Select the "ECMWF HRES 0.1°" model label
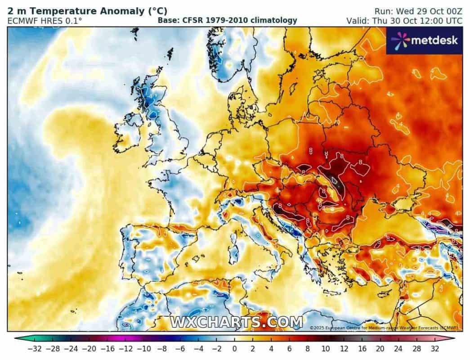45,21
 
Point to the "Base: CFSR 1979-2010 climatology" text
227,20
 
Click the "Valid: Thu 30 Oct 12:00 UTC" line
404,21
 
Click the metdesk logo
424,40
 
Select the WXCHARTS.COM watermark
236,322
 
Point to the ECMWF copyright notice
384,328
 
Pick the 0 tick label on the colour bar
234,349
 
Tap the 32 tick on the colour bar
435,349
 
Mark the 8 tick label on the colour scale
308,349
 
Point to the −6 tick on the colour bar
180,349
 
